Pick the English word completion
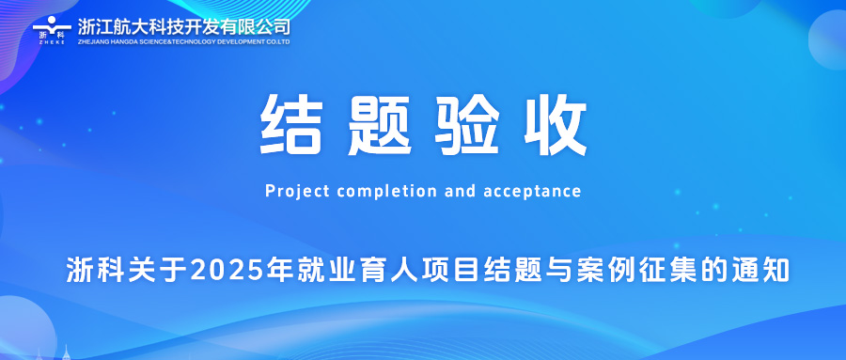[386, 192]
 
